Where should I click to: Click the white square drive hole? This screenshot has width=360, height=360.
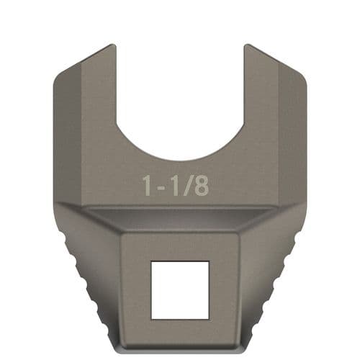(179, 289)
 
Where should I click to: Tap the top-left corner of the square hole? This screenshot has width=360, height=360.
(152, 262)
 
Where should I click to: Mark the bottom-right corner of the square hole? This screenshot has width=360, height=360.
(208, 318)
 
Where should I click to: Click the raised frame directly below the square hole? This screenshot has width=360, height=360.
(179, 330)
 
